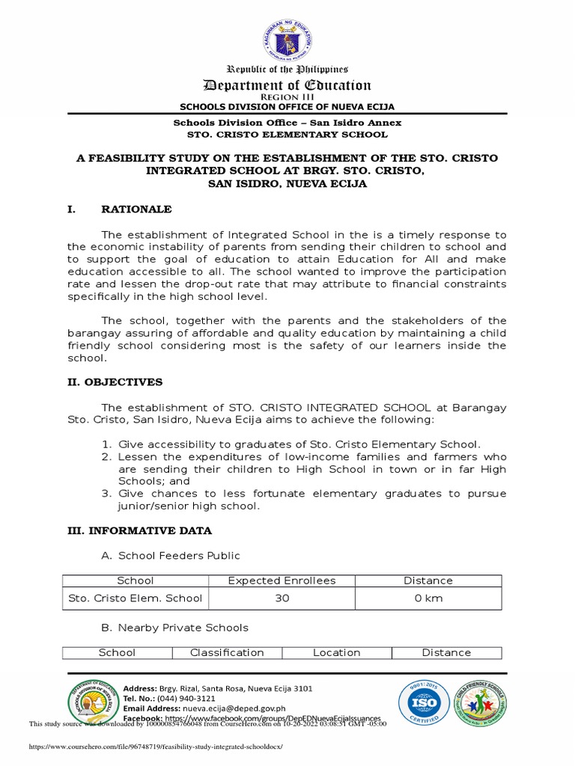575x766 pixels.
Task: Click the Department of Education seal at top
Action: click(287, 40)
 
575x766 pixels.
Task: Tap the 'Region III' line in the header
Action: click(287, 97)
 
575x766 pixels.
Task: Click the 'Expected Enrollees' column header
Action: click(282, 580)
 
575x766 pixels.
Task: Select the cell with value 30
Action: click(282, 598)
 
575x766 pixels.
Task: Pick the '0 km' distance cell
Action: click(428, 598)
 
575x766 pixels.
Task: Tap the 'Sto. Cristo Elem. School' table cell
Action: click(136, 598)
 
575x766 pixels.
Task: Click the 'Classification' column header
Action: click(227, 652)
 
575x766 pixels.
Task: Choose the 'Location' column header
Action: click(336, 652)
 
